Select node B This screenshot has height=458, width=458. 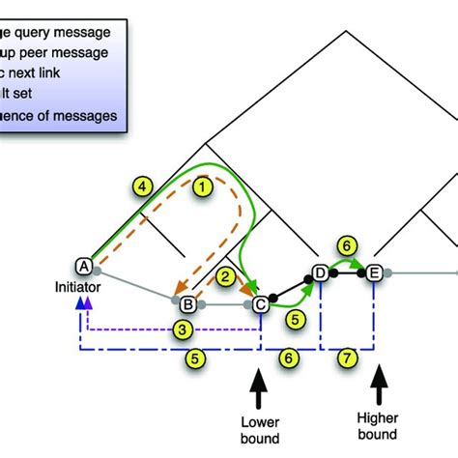[188, 305]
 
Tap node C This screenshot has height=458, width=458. [260, 305]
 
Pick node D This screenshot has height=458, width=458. [320, 273]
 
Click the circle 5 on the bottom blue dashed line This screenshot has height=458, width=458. [196, 358]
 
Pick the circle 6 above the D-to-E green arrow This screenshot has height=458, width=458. [349, 245]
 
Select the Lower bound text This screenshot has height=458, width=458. [262, 428]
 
